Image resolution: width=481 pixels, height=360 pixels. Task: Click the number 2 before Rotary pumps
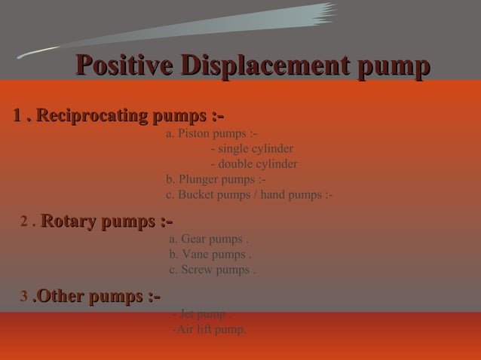coord(25,222)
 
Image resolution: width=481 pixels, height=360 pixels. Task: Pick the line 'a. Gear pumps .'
coord(209,239)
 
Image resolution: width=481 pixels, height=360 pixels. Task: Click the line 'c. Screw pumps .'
coord(213,270)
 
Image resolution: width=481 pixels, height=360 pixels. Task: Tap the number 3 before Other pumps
coord(24,298)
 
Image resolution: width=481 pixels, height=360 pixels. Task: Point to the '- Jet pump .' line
coord(201,314)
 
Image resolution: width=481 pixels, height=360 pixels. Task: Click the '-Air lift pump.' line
coord(209,329)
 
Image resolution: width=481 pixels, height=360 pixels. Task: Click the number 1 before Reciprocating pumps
coord(17,117)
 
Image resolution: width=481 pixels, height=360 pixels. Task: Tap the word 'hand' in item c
coord(274,195)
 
